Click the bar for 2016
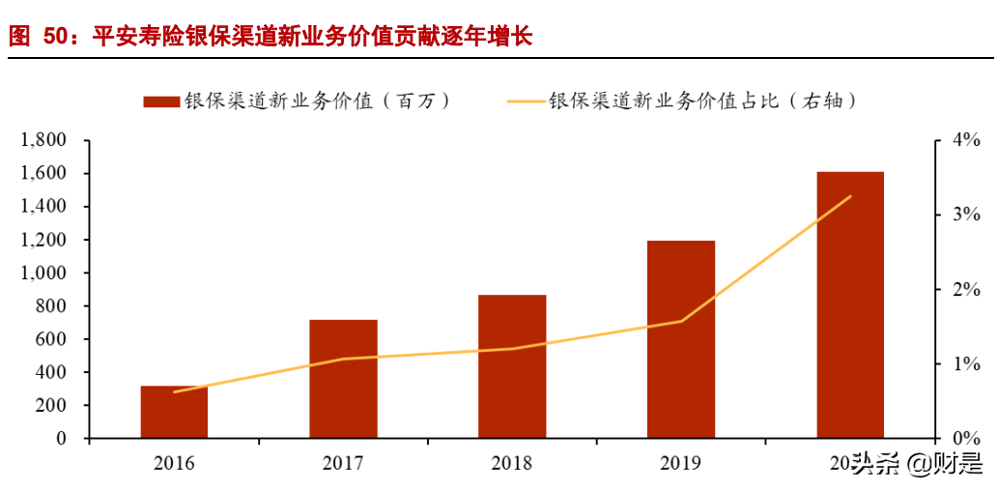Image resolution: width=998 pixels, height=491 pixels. pyautogui.click(x=174, y=413)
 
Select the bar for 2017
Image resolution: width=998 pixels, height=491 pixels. pyautogui.click(x=343, y=379)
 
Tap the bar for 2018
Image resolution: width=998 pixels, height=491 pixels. pyautogui.click(x=512, y=366)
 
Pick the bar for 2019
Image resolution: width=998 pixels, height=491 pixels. pyautogui.click(x=681, y=339)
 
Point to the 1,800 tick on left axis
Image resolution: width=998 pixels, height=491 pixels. pyautogui.click(x=43, y=141)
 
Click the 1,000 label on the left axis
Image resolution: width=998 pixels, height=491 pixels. pyautogui.click(x=43, y=274)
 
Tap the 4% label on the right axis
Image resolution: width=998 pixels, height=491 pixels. pyautogui.click(x=966, y=141)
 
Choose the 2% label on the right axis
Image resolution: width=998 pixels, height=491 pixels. pyautogui.click(x=966, y=290)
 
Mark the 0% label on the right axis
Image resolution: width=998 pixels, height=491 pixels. pyautogui.click(x=966, y=439)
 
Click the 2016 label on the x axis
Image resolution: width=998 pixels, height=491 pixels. pyautogui.click(x=174, y=464)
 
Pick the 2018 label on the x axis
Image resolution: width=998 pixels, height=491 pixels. pyautogui.click(x=512, y=464)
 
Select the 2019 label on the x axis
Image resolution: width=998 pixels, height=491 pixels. pyautogui.click(x=681, y=464)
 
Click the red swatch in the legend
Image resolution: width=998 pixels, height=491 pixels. pyautogui.click(x=160, y=101)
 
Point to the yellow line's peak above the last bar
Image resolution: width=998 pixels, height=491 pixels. pyautogui.click(x=850, y=196)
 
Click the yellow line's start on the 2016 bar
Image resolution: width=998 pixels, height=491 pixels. pyautogui.click(x=174, y=391)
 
